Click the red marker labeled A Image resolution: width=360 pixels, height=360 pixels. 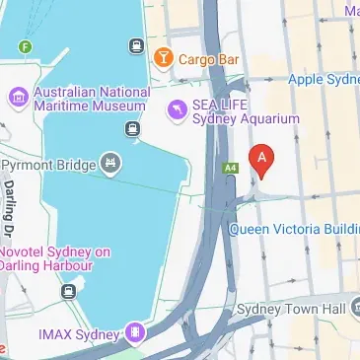261,159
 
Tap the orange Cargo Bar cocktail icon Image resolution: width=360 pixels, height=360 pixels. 164,59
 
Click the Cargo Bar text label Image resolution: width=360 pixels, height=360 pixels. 210,59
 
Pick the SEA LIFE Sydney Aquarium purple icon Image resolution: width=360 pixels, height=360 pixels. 177,109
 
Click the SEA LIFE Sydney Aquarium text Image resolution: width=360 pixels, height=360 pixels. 246,111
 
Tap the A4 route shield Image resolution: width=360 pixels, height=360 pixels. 231,168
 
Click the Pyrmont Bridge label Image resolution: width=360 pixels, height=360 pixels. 47,164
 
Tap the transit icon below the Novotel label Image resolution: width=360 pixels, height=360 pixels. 67,291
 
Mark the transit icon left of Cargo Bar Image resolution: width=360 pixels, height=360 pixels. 134,45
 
